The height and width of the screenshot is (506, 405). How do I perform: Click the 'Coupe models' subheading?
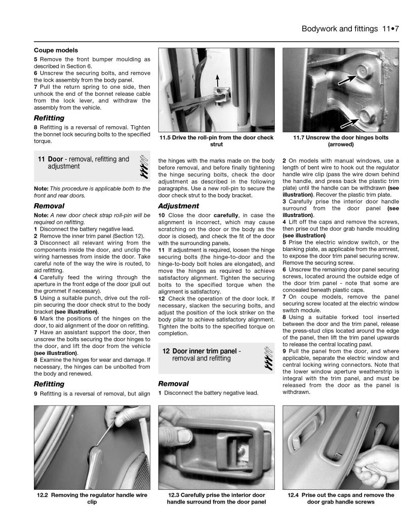pos(56,50)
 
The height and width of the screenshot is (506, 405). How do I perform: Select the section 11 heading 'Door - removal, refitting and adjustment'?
pos(84,162)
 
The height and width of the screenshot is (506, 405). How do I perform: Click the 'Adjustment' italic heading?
pos(178,206)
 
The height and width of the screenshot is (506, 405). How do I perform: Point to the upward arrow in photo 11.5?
pos(217,81)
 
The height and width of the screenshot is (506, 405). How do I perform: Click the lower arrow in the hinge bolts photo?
pos(341,121)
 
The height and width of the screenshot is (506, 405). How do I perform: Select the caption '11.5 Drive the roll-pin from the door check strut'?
pos(216,141)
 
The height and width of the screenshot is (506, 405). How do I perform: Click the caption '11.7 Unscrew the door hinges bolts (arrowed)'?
pos(341,141)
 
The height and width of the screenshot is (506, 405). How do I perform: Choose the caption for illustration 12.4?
pos(341,498)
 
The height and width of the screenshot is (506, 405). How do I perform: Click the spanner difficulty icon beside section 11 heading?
pos(143,166)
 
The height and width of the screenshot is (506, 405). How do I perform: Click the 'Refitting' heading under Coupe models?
pos(49,118)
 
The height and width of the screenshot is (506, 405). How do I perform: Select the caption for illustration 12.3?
pos(216,498)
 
